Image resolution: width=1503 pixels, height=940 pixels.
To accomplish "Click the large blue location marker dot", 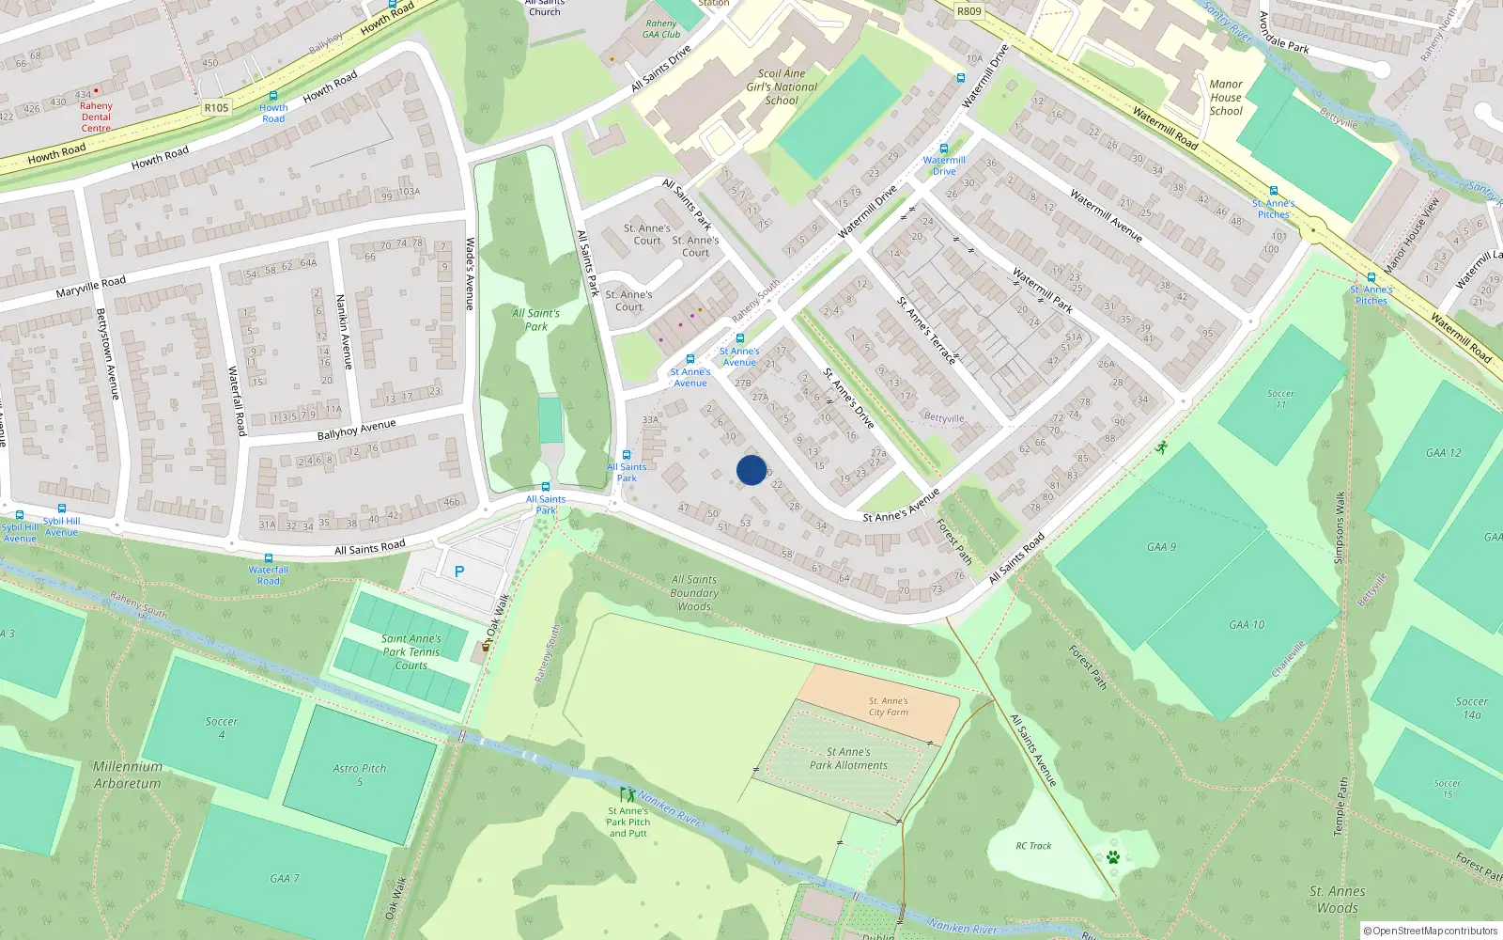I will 751,470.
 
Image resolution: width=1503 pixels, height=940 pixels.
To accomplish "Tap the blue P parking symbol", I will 459,572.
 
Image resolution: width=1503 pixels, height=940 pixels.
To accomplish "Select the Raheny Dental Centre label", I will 96,117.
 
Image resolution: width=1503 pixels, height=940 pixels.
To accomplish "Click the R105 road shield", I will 216,108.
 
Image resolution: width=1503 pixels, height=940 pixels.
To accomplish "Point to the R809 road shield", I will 968,11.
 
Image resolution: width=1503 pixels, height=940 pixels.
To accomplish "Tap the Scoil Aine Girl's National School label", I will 782,86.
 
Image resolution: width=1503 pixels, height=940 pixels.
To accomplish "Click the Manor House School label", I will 1226,98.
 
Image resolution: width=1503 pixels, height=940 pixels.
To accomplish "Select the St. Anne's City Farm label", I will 889,706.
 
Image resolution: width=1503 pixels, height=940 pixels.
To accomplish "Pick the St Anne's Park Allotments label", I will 848,759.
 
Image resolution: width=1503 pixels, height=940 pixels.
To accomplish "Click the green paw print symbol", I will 1113,857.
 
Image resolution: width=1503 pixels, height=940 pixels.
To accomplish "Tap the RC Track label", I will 1033,846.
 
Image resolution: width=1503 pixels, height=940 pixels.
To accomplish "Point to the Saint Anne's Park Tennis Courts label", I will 411,651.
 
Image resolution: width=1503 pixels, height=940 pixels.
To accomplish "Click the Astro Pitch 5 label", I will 359,775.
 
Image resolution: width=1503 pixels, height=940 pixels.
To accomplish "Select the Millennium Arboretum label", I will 127,775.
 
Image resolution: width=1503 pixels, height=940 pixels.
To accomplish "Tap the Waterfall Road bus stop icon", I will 268,558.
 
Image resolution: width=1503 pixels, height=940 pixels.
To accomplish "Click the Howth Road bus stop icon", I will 273,96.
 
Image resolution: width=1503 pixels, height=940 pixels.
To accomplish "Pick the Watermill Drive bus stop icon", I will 944,149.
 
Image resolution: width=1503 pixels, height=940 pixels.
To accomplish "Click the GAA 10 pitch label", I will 1247,625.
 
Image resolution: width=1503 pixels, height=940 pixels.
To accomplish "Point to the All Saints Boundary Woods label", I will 694,593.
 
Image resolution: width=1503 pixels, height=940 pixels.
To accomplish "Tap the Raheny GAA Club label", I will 661,29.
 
